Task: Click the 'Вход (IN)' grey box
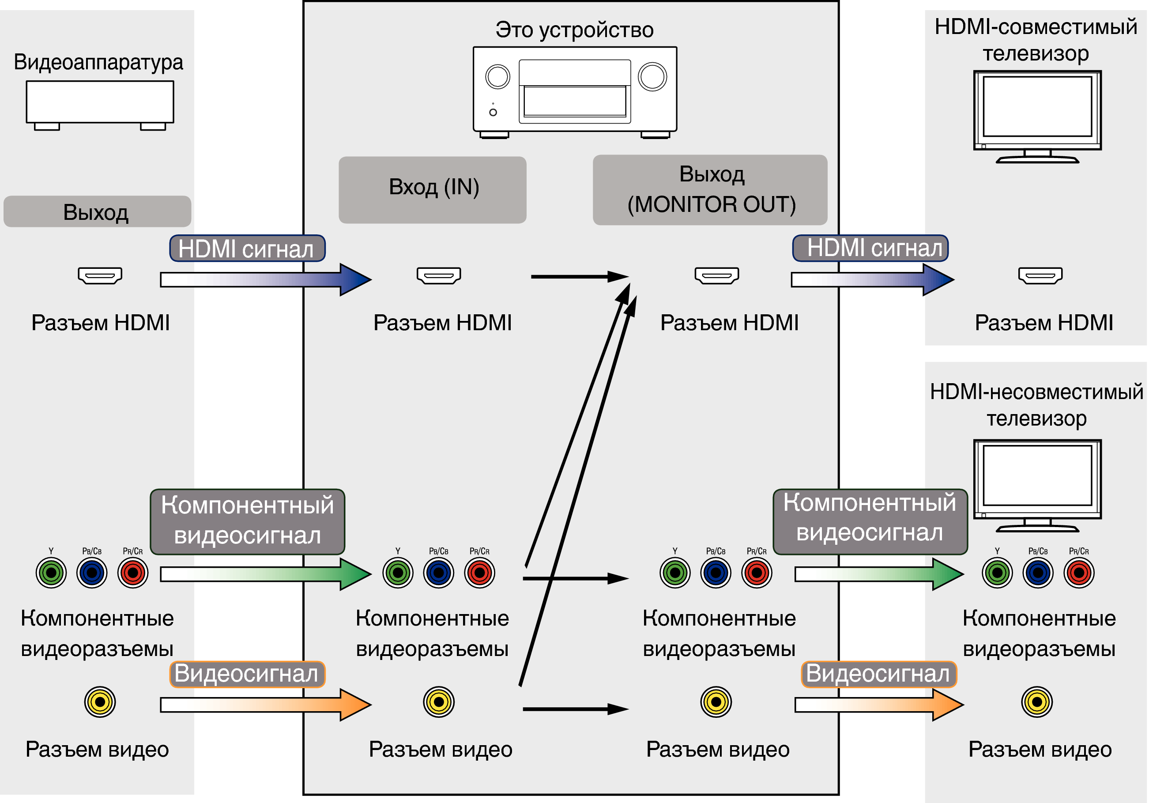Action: (433, 190)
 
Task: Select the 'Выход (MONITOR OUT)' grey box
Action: (710, 190)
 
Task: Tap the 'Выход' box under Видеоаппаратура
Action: (97, 211)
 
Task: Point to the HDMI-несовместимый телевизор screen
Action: (1037, 475)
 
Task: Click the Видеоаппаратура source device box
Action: (100, 102)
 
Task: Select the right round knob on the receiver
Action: (652, 77)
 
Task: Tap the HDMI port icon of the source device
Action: (100, 275)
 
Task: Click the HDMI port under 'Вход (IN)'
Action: (439, 275)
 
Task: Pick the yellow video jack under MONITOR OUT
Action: (716, 702)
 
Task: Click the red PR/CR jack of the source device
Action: (132, 573)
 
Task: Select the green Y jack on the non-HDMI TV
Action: (997, 573)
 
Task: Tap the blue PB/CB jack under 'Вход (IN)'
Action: (438, 573)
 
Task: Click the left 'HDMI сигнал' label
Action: (247, 248)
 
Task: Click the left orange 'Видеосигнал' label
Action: (247, 674)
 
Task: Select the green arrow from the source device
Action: (265, 574)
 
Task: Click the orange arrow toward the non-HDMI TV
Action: (878, 705)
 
